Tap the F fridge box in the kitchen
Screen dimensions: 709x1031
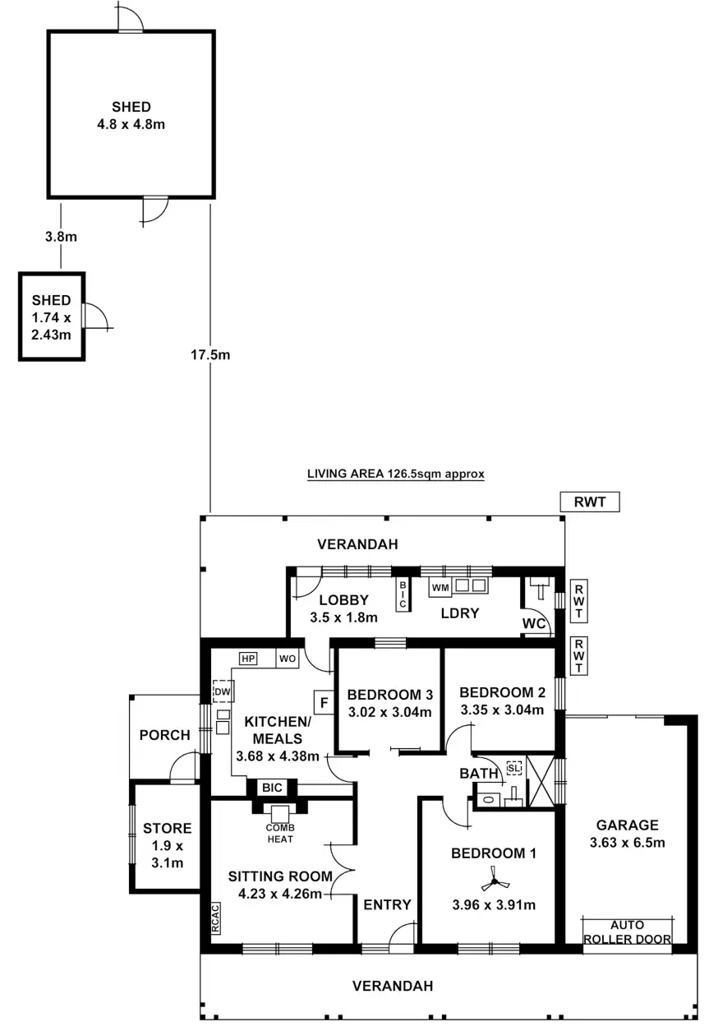point(324,703)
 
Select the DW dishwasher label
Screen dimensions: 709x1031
point(221,692)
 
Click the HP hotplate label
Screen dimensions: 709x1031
point(248,659)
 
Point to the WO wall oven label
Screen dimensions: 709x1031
point(287,659)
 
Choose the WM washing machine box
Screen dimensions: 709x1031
point(440,587)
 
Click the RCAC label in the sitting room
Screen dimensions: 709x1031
point(215,919)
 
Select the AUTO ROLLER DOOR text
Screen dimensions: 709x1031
point(628,932)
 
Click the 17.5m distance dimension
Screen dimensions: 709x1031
point(210,355)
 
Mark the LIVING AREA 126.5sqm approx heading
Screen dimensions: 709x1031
point(395,474)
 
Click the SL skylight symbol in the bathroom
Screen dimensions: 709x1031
point(514,768)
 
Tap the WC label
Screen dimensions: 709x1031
point(534,624)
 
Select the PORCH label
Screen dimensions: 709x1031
point(163,735)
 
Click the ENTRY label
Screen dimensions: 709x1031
point(387,904)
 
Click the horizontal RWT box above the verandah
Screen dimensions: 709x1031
point(589,501)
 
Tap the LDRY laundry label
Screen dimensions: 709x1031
point(459,613)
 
